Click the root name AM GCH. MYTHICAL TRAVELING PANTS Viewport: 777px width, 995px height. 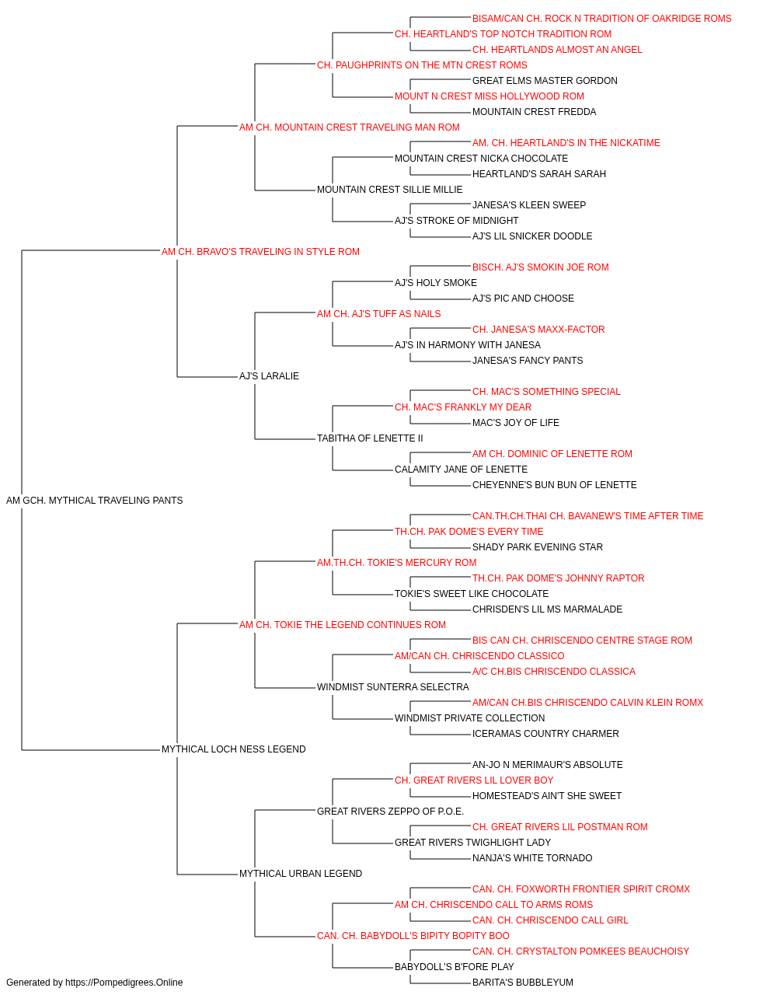(x=94, y=501)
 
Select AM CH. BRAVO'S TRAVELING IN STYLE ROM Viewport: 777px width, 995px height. (x=260, y=252)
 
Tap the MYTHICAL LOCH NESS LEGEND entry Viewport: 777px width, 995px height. (x=233, y=749)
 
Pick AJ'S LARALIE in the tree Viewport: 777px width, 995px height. (x=269, y=376)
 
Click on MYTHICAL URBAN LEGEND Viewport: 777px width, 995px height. (x=301, y=874)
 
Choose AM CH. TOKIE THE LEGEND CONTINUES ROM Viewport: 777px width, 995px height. (x=343, y=625)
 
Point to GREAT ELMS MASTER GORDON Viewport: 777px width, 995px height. (x=545, y=81)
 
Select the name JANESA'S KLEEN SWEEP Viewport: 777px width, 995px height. (x=529, y=205)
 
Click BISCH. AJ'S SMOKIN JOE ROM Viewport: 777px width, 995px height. (x=541, y=267)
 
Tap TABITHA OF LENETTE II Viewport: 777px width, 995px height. (x=370, y=438)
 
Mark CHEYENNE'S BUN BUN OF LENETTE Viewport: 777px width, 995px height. (x=554, y=485)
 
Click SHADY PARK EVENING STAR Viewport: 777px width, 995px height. (x=537, y=547)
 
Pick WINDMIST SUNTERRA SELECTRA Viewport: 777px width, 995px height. (x=392, y=687)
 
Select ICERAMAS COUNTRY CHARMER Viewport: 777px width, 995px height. (x=545, y=734)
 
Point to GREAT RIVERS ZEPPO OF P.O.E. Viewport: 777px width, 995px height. (x=390, y=812)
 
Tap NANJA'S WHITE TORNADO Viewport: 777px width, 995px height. (x=532, y=858)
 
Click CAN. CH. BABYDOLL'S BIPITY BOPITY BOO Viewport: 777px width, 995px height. (x=413, y=936)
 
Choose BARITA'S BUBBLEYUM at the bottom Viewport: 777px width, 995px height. (x=523, y=983)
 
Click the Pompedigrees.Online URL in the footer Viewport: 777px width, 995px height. (x=124, y=983)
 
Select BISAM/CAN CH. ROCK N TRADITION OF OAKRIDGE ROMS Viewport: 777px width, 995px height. (x=601, y=19)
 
